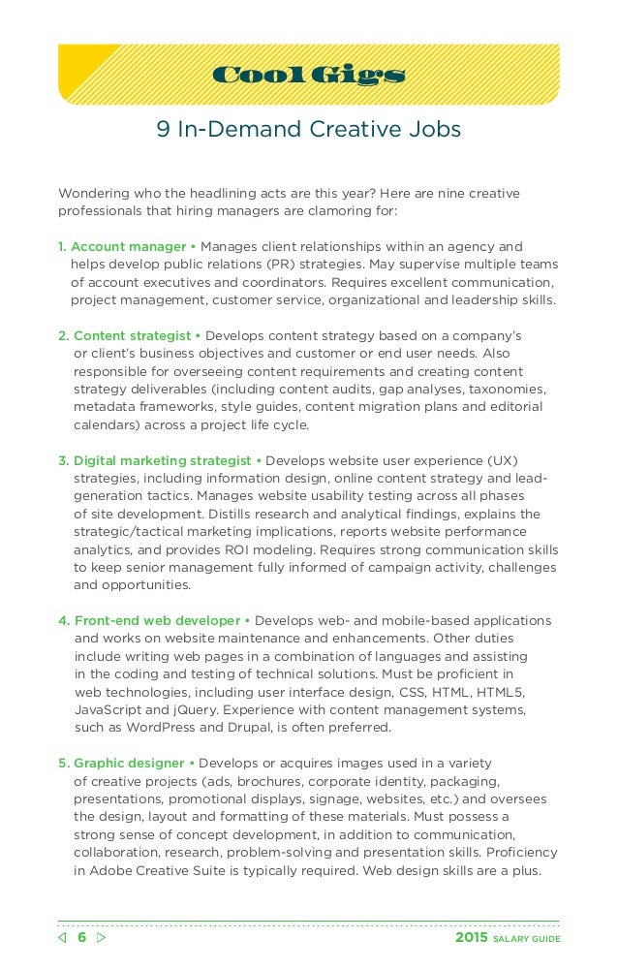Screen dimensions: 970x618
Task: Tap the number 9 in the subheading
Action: [x=163, y=130]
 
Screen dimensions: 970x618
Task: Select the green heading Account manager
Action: [x=128, y=246]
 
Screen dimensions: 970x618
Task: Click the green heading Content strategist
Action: [x=132, y=335]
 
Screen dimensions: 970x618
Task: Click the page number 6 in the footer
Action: [x=81, y=939]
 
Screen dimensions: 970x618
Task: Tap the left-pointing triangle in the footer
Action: [x=63, y=939]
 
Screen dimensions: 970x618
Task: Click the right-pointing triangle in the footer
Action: [x=102, y=939]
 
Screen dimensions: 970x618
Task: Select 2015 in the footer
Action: [x=471, y=939]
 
